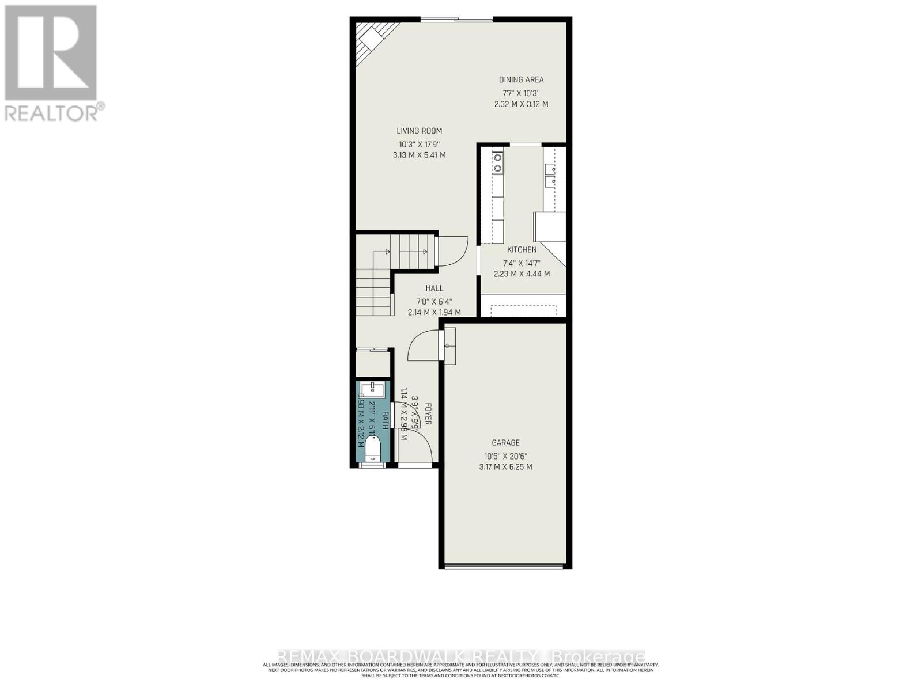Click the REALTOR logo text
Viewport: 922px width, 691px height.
55,112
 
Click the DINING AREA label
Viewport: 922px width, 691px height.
521,80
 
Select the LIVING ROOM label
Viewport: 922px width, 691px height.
419,131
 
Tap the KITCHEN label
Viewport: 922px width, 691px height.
522,250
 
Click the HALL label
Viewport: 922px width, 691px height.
434,288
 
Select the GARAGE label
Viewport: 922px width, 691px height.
505,443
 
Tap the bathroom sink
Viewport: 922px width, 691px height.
372,387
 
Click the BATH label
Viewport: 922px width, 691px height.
385,419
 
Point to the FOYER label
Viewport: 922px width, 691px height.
428,413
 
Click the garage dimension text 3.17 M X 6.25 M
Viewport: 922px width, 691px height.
505,467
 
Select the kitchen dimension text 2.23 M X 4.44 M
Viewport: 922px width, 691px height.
522,274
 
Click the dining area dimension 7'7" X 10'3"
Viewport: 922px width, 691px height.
521,93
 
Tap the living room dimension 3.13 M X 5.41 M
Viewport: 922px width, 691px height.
419,155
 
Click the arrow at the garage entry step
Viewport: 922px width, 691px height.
448,346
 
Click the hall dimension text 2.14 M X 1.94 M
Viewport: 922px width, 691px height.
434,313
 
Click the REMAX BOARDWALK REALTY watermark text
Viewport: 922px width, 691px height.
461,657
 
